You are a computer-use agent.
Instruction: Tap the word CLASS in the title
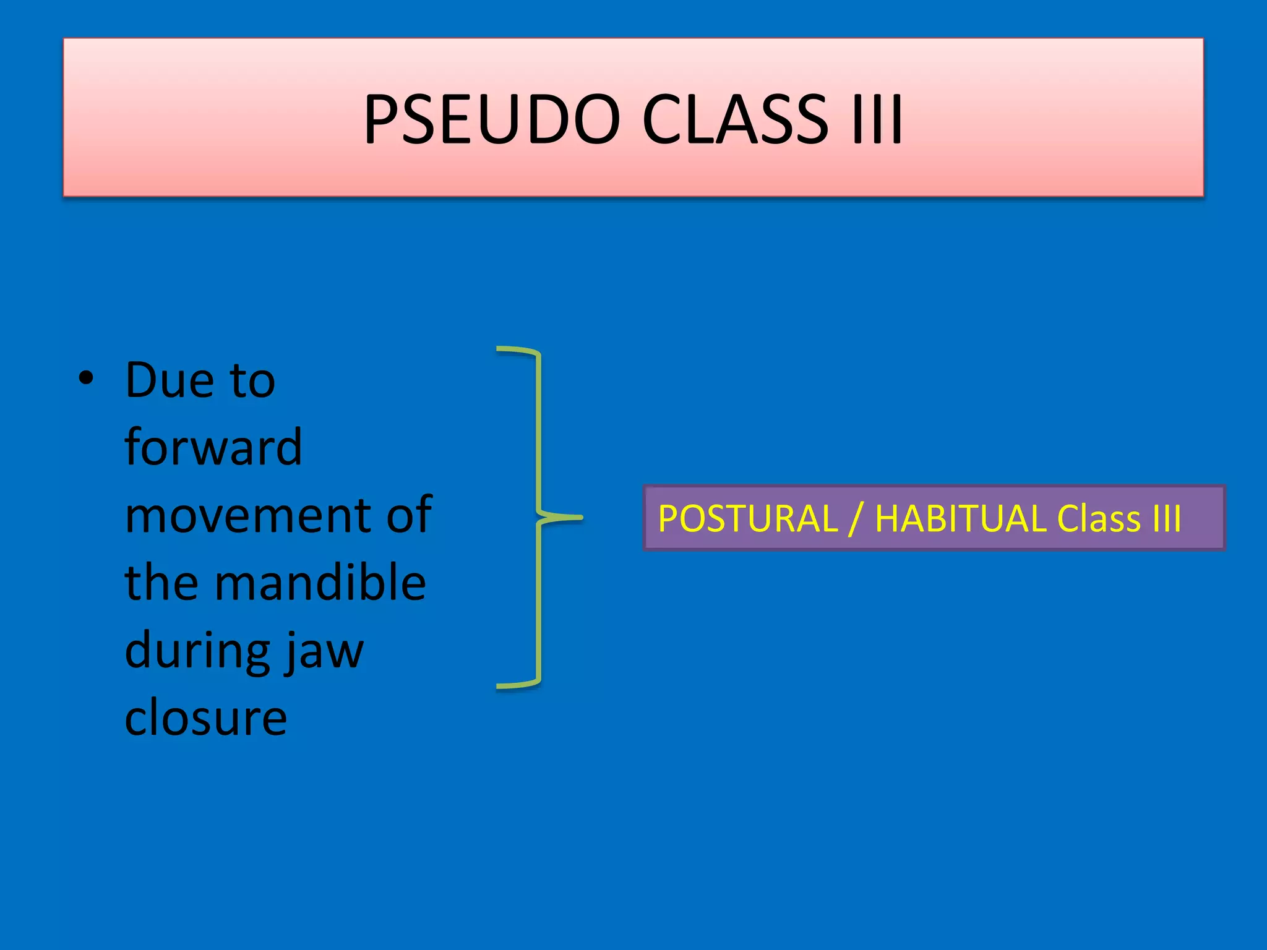tap(734, 119)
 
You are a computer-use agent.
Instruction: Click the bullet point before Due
tap(87, 379)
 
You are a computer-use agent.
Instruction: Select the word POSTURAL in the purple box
tap(747, 518)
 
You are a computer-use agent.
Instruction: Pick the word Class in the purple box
tap(1099, 518)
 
